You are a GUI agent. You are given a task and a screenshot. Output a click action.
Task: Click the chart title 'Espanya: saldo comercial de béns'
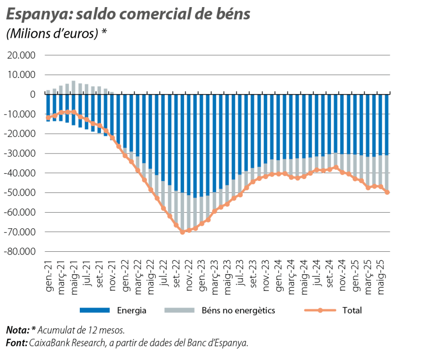pyautogui.click(x=127, y=15)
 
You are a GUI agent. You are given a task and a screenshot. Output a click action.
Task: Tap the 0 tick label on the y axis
pyautogui.click(x=33, y=94)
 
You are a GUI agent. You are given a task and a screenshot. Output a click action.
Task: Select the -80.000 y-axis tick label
pyautogui.click(x=21, y=252)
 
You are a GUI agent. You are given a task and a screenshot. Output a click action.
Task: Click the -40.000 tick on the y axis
pyautogui.click(x=21, y=173)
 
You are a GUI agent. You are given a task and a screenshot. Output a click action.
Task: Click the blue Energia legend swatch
pyautogui.click(x=94, y=310)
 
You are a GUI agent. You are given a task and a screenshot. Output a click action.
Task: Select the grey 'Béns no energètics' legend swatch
pyautogui.click(x=179, y=310)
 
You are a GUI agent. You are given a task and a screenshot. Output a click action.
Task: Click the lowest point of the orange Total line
pyautogui.click(x=183, y=232)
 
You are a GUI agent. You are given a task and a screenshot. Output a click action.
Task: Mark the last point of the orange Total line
pyautogui.click(x=387, y=193)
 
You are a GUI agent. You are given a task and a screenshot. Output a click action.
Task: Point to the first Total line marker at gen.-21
pyautogui.click(x=48, y=118)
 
